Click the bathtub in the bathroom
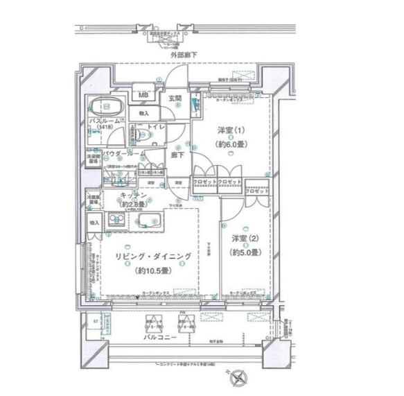click(107, 107)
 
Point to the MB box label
click(143, 96)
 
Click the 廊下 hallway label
click(177, 155)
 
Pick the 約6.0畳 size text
click(223, 146)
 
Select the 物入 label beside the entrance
click(143, 112)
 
